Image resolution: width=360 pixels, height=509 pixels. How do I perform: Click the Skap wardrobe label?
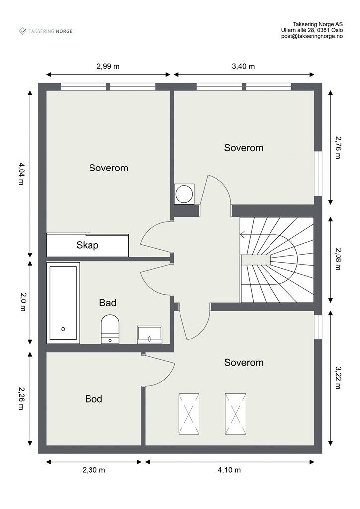point(88,245)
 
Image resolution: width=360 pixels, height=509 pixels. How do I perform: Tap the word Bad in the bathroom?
point(108,303)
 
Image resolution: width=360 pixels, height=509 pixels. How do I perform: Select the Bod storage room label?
point(93,399)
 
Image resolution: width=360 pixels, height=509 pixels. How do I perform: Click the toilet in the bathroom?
point(110,329)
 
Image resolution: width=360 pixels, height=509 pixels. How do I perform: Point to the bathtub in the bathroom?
point(63,303)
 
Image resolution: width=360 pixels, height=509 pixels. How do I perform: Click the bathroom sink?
point(149,335)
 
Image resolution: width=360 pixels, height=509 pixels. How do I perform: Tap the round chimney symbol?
point(184,194)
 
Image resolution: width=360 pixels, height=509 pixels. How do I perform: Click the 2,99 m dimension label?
point(108,66)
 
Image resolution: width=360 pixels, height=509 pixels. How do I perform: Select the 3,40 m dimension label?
point(243,66)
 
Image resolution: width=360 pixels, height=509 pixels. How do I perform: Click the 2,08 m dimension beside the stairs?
point(338,259)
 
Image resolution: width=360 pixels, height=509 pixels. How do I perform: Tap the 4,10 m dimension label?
point(229,470)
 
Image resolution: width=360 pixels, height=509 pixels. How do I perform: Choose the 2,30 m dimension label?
point(93,470)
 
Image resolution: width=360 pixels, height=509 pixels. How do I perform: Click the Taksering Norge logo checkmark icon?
point(23,31)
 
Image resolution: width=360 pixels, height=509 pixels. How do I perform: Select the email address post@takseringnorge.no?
point(312,36)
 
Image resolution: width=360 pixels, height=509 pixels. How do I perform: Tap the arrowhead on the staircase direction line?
point(242,234)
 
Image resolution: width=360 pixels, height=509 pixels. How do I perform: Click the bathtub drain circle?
point(63,329)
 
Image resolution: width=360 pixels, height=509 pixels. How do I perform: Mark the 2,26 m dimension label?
point(21,398)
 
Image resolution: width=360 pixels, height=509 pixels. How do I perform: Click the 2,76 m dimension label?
point(338,147)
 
